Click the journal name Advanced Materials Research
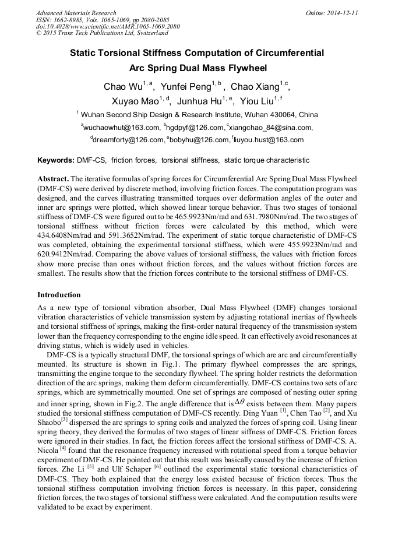76,13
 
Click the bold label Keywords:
55,160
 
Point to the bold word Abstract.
52,178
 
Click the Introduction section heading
59,295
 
